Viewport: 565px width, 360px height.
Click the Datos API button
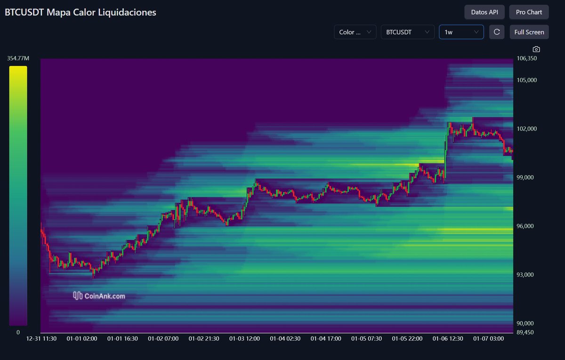[484, 12]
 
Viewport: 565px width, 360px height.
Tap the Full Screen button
[529, 32]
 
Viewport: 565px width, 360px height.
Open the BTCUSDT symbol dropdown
[407, 32]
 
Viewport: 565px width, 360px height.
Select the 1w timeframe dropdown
[461, 32]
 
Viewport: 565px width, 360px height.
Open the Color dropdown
[355, 32]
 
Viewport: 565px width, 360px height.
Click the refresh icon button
[496, 32]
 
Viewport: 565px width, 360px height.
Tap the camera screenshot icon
[536, 49]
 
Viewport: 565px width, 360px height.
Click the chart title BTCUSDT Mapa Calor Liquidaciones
[81, 13]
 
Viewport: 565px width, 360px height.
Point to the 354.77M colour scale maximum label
[18, 58]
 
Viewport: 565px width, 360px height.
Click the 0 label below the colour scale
[18, 332]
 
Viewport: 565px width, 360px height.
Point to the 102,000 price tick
[526, 129]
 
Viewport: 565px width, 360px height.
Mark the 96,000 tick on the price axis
[526, 226]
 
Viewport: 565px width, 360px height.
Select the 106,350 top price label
[526, 58]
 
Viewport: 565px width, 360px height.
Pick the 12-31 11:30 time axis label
[42, 338]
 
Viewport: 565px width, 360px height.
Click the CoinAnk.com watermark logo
[99, 296]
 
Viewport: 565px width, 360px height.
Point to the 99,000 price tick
[526, 178]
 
